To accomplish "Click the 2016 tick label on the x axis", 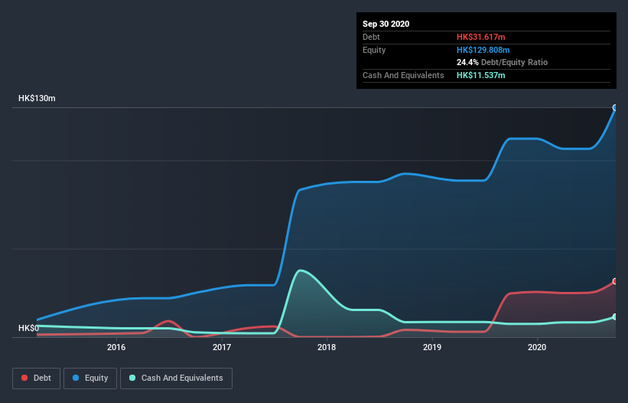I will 116,347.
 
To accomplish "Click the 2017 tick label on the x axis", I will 222,347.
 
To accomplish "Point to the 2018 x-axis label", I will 327,347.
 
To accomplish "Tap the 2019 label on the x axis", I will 432,347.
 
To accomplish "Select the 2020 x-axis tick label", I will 537,347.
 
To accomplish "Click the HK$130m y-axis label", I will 37,99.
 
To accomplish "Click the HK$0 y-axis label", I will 29,328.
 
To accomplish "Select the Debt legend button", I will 37,378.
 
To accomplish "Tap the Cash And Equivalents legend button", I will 176,378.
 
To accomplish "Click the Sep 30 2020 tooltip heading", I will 386,24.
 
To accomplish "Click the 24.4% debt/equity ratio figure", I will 468,62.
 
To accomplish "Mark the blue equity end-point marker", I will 615,108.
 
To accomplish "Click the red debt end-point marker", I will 615,281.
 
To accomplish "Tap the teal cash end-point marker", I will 615,316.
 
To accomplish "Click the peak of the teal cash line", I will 301,270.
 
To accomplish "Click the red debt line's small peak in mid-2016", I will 169,321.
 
